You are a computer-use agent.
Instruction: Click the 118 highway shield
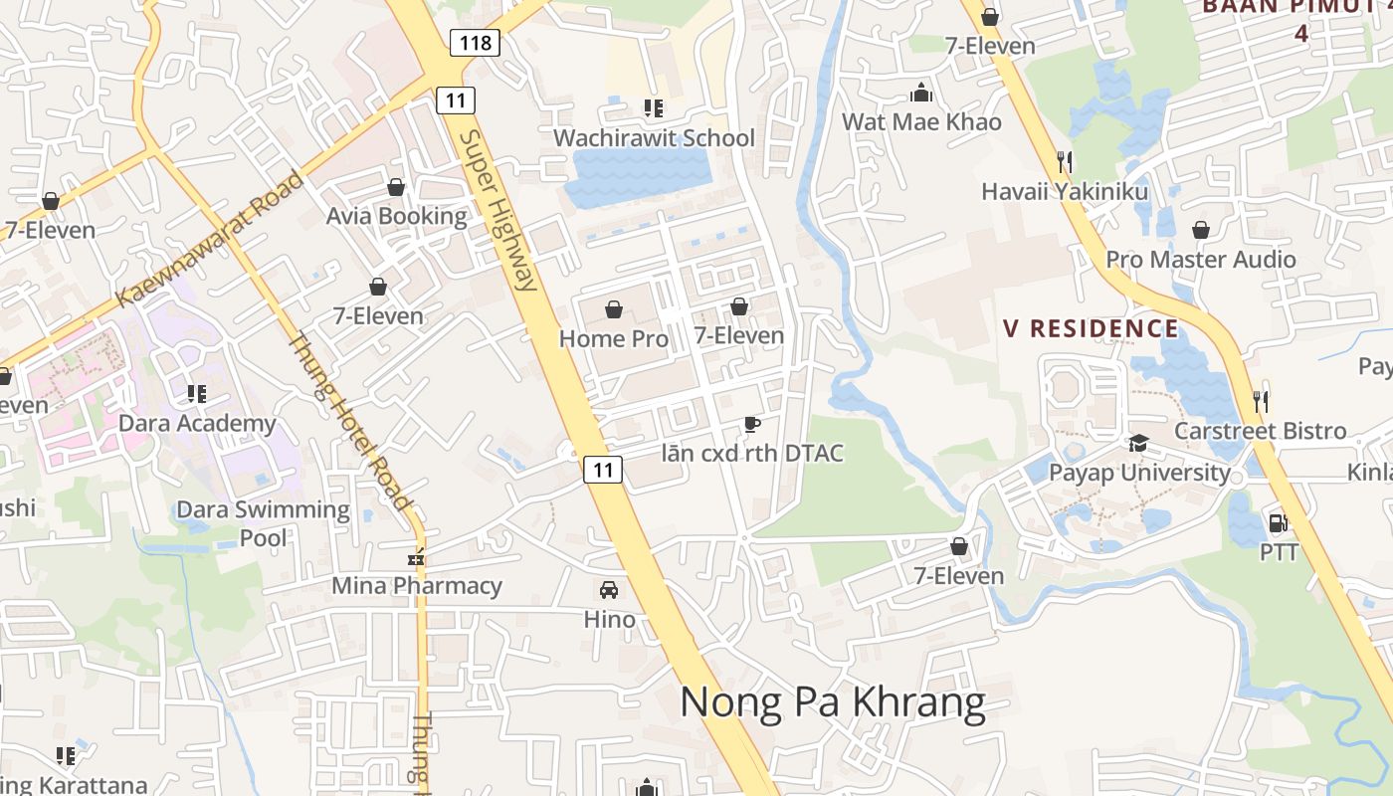point(475,42)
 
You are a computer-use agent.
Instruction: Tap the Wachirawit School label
point(654,138)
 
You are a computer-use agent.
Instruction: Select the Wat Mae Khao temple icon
point(921,94)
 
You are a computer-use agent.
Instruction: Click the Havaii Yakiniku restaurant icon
point(1065,161)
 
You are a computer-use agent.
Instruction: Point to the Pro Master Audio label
point(1201,260)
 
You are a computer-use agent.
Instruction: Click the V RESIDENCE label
point(1091,329)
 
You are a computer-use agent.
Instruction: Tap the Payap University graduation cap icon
point(1138,443)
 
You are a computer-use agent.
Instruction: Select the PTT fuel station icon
point(1278,523)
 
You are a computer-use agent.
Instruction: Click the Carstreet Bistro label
point(1260,432)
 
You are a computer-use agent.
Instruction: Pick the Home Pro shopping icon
point(614,309)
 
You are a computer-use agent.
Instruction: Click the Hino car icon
point(609,590)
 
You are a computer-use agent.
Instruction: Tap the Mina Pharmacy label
point(417,586)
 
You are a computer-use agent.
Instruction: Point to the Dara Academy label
point(197,424)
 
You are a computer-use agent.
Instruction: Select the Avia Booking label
point(396,217)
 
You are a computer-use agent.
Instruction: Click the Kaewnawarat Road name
point(209,240)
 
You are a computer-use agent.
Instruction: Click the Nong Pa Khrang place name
point(832,702)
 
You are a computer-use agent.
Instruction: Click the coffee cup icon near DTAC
point(752,426)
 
